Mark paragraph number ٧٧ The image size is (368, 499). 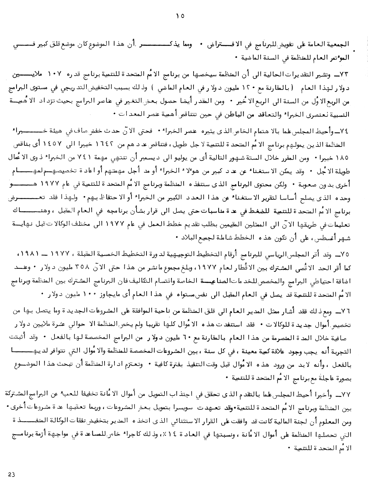(347, 394)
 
